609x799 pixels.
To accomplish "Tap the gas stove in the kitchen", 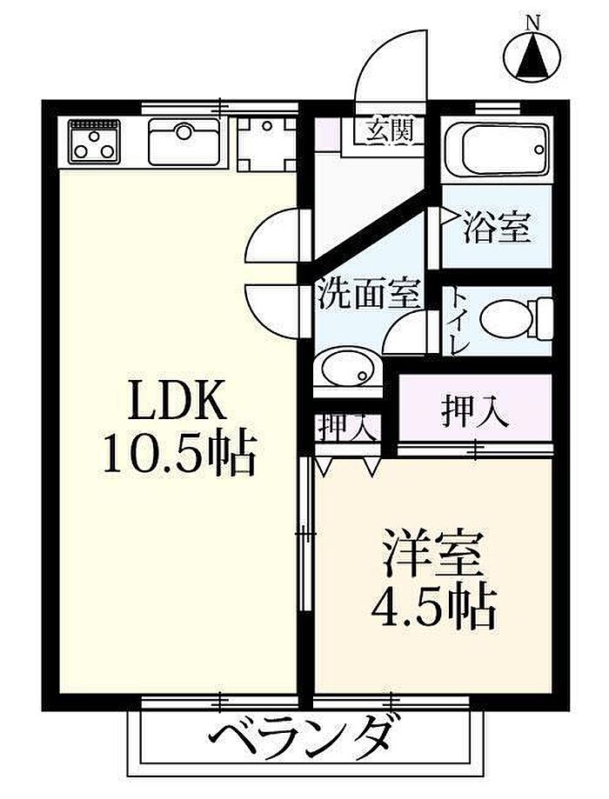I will point(94,141).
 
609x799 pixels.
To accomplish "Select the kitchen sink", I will point(185,141).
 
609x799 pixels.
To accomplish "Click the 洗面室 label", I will point(368,294).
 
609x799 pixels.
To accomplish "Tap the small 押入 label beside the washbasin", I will point(346,427).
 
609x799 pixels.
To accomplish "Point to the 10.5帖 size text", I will point(179,452).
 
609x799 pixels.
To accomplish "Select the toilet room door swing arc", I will point(407,334).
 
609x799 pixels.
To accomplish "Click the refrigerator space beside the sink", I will point(266,141).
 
